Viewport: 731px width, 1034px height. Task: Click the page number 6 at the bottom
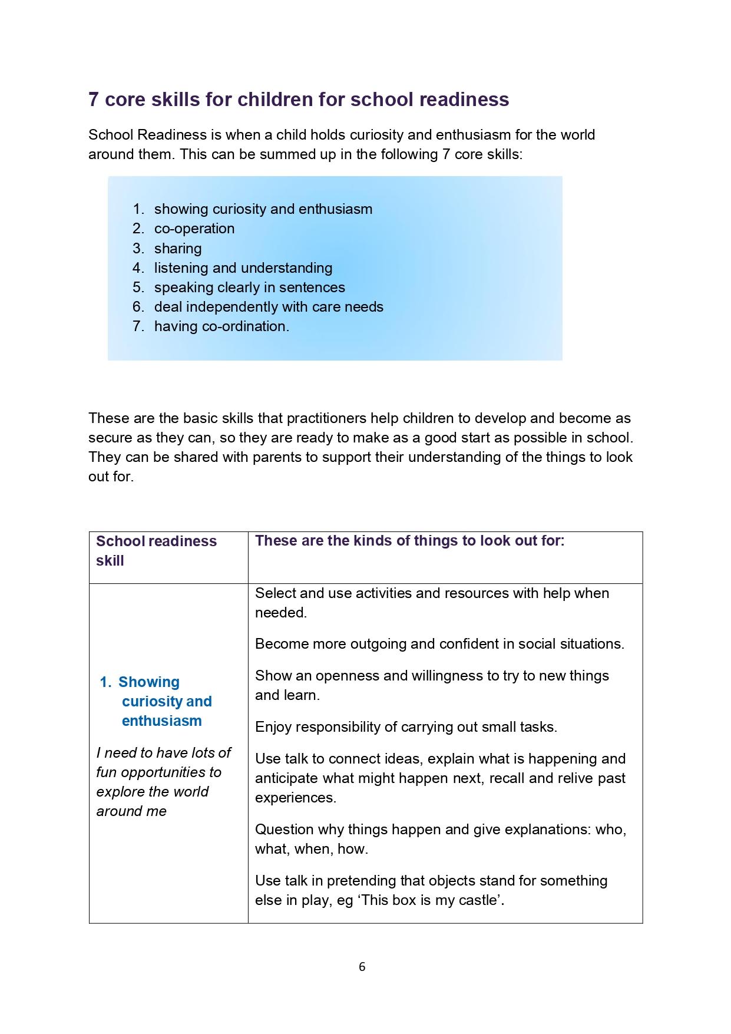(362, 966)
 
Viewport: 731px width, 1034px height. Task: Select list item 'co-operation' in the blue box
(194, 229)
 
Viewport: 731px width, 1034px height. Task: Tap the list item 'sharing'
(178, 248)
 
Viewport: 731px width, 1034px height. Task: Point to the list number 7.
(138, 326)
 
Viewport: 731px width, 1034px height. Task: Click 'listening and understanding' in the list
(243, 268)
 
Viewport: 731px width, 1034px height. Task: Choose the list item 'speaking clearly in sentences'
(249, 288)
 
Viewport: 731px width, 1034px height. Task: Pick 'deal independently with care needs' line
(269, 307)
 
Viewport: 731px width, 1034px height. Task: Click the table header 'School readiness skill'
(156, 550)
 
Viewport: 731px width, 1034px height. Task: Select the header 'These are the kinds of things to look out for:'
(409, 541)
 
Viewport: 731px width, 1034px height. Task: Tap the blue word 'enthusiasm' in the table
(161, 721)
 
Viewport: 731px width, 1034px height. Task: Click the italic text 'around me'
(131, 811)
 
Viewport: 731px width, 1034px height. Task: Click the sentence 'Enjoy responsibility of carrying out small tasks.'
(406, 727)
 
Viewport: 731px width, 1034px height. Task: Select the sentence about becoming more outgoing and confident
(439, 644)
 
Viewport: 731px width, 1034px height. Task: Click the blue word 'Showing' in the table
(148, 682)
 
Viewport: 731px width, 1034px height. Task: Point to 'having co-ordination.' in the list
(221, 326)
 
